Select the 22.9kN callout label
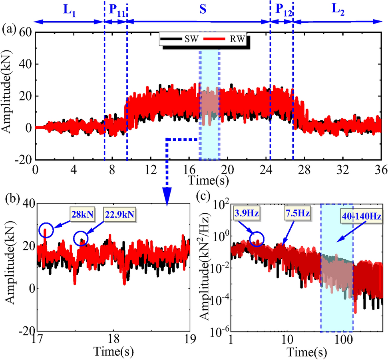(120, 215)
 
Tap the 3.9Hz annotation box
(246, 212)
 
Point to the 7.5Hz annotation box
(297, 212)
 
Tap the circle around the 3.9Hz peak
(257, 239)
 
